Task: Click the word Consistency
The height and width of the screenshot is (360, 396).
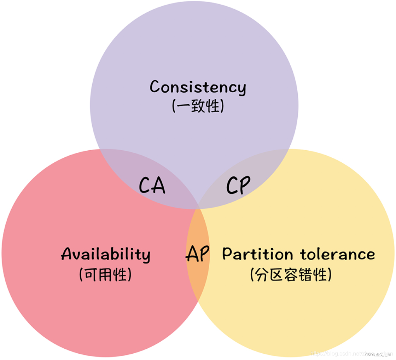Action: (x=198, y=87)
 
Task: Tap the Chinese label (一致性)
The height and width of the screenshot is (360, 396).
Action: (x=198, y=106)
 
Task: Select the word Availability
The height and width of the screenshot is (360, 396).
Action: (x=106, y=254)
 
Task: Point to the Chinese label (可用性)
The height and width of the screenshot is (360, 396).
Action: (x=105, y=274)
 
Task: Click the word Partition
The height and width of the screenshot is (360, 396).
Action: (x=258, y=254)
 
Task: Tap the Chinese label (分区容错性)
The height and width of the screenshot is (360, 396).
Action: (x=291, y=274)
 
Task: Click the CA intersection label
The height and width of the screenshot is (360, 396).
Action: (x=152, y=185)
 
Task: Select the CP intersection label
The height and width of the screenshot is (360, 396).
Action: (x=238, y=185)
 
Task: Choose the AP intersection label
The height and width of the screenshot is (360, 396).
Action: (x=198, y=254)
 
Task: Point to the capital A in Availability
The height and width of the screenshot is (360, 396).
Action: (x=67, y=254)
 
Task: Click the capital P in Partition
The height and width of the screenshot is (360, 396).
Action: (x=228, y=254)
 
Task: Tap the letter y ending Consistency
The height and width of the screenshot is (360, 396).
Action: (x=241, y=89)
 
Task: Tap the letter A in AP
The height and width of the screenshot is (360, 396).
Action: (x=191, y=254)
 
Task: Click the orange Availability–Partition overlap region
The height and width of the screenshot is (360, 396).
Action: (x=198, y=279)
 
